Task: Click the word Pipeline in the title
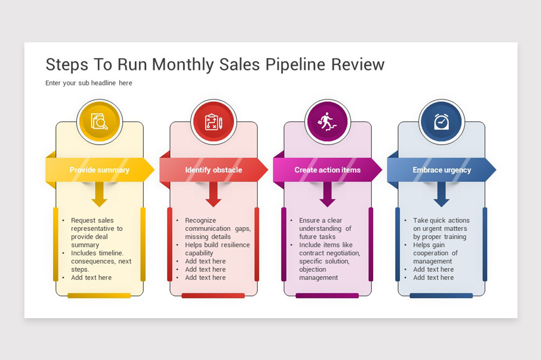tap(295, 65)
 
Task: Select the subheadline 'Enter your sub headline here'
tap(89, 83)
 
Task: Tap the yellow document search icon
tap(99, 121)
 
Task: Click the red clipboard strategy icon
tap(214, 122)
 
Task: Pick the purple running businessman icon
tap(327, 121)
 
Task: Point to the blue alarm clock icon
tap(441, 121)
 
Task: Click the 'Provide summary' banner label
tap(100, 170)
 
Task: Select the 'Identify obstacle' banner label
tap(214, 170)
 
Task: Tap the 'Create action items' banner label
tap(327, 170)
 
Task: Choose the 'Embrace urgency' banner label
tap(442, 170)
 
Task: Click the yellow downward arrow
tap(99, 194)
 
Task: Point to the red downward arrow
tap(213, 194)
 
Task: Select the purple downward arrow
tap(327, 194)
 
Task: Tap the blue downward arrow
tap(441, 194)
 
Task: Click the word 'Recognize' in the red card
tap(201, 220)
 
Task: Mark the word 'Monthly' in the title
tap(183, 65)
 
